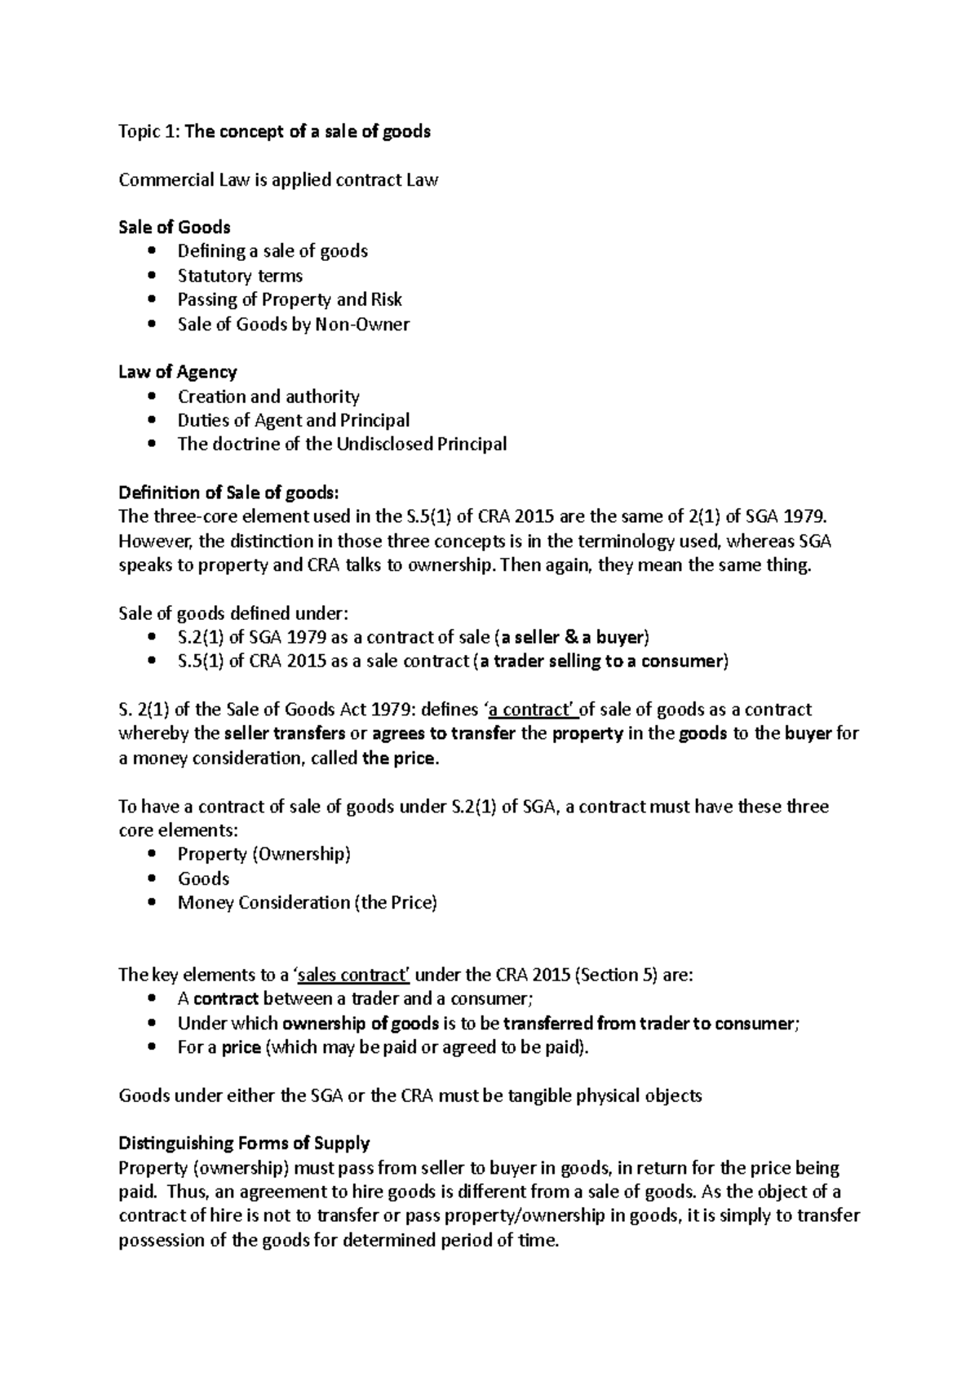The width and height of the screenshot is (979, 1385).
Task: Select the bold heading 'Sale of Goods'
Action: click(175, 227)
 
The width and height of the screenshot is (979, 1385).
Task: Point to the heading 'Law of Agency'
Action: click(177, 372)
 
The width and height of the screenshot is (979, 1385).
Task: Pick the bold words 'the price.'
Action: click(400, 758)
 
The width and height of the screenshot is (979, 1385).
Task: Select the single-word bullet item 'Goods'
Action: click(203, 878)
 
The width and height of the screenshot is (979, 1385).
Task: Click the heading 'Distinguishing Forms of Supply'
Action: click(244, 1143)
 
